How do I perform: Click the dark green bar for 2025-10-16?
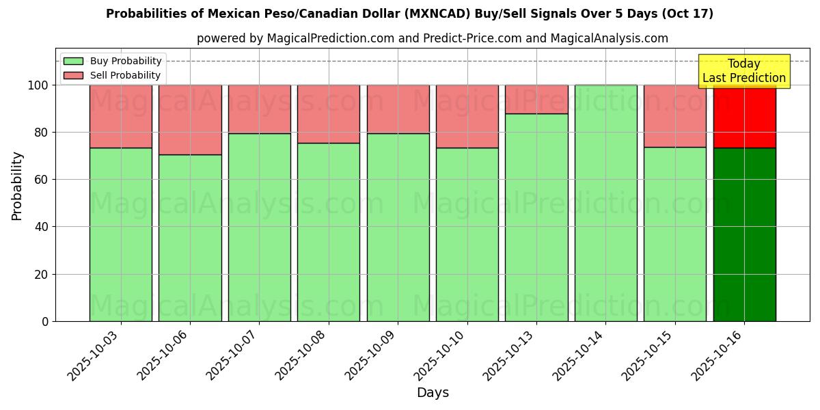[744, 234]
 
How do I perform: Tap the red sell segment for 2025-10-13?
[536, 99]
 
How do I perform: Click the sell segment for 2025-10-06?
[190, 120]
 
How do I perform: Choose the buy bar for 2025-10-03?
[121, 234]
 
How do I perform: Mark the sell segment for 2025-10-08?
[329, 114]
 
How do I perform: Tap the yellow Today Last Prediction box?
[743, 71]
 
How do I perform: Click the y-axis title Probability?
[17, 186]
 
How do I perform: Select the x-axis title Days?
[433, 393]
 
